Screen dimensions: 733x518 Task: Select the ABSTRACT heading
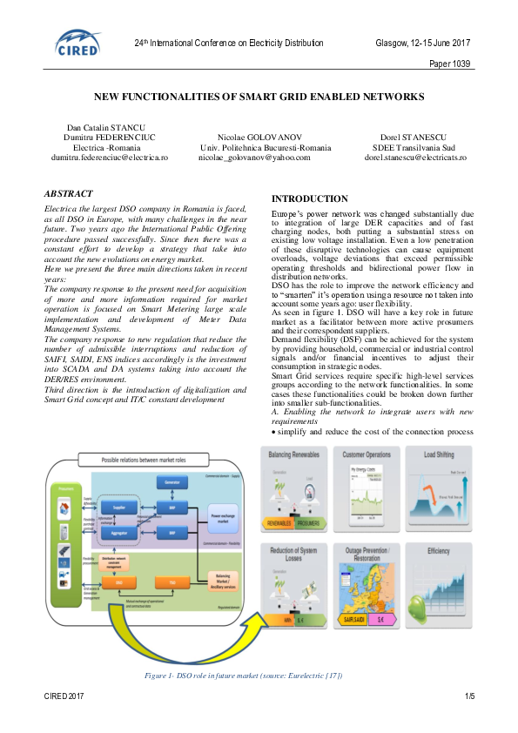tap(69, 193)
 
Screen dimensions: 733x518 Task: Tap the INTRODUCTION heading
tap(310, 198)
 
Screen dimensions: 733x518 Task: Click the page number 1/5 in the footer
tap(469, 696)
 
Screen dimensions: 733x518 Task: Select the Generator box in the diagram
tap(172, 481)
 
